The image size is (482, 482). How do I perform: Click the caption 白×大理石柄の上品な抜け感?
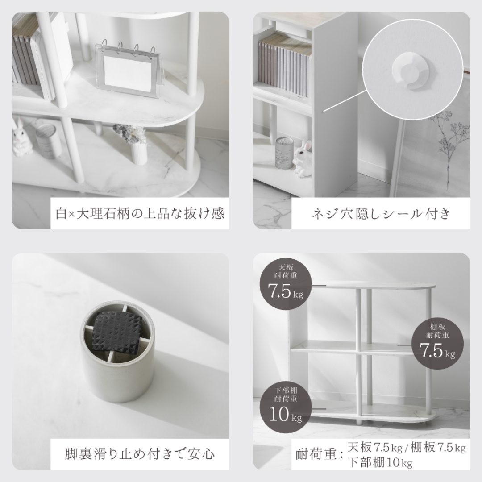(140, 213)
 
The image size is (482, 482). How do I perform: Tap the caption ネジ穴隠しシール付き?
(381, 213)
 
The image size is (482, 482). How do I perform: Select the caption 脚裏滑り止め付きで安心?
(140, 454)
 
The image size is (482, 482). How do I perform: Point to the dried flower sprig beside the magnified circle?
(451, 145)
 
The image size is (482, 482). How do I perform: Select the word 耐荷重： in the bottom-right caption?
(320, 454)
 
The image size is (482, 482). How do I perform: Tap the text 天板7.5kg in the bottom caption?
(375, 447)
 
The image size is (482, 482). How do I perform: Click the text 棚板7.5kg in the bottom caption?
(438, 447)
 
